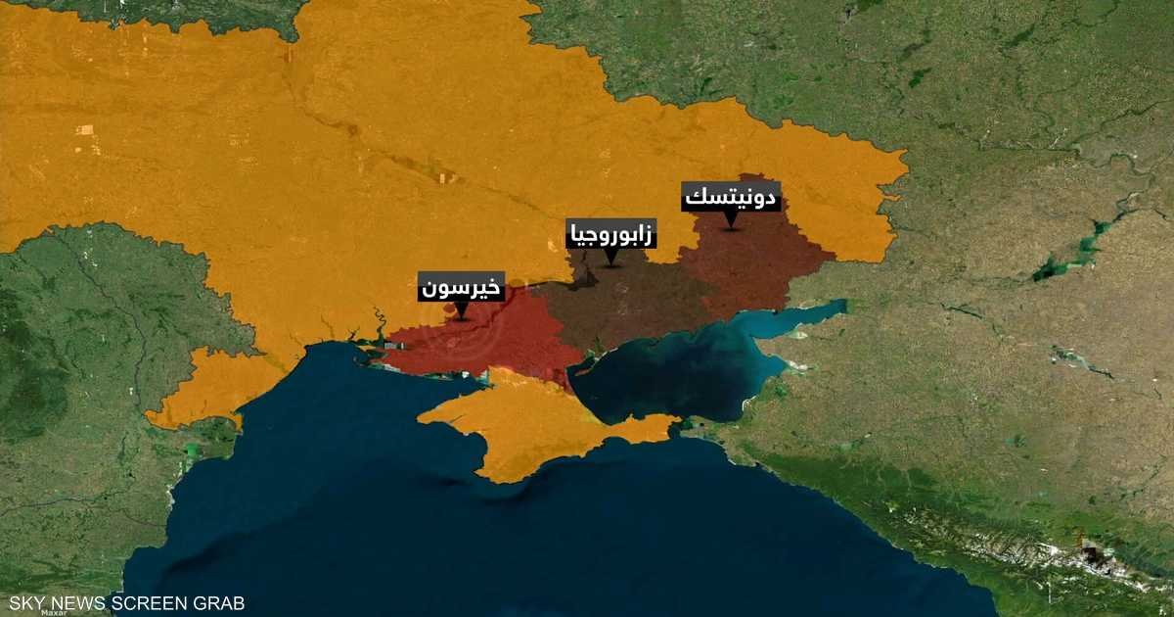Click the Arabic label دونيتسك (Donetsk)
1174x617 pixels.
point(730,198)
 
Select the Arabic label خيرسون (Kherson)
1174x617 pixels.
point(462,287)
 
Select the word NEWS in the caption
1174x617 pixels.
point(74,603)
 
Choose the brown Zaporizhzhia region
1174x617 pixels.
point(626,304)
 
